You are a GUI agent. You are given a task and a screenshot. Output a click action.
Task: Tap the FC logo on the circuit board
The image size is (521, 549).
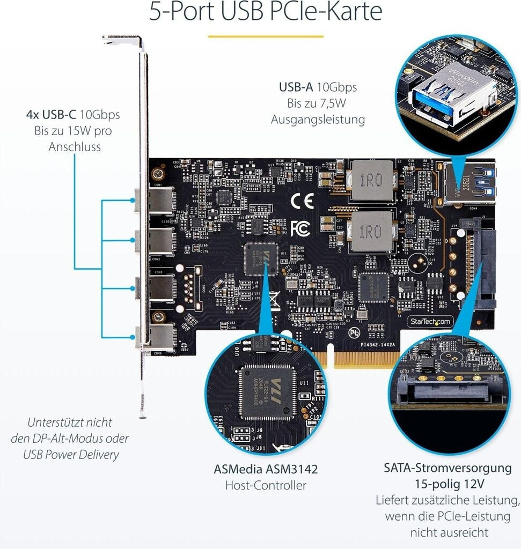300,227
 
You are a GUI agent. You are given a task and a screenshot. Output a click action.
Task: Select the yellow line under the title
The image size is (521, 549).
266,36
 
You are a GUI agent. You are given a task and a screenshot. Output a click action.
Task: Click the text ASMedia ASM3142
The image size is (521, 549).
266,470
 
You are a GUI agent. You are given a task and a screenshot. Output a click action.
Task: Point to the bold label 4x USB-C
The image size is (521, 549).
51,114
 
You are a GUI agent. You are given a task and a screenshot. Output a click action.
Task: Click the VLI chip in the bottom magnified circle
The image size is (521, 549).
267,389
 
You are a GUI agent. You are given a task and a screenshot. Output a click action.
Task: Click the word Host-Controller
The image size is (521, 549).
266,486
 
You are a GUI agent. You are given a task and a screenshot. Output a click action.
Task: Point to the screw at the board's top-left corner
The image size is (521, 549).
157,174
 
